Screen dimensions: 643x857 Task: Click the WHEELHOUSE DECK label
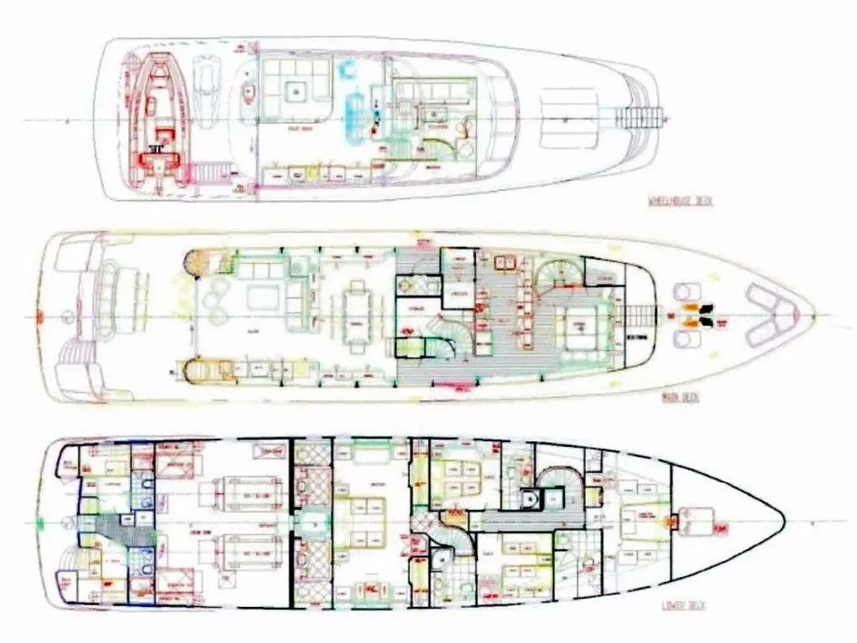(680, 201)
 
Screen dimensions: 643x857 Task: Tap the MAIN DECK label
(680, 397)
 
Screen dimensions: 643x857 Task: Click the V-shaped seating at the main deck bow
(769, 314)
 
